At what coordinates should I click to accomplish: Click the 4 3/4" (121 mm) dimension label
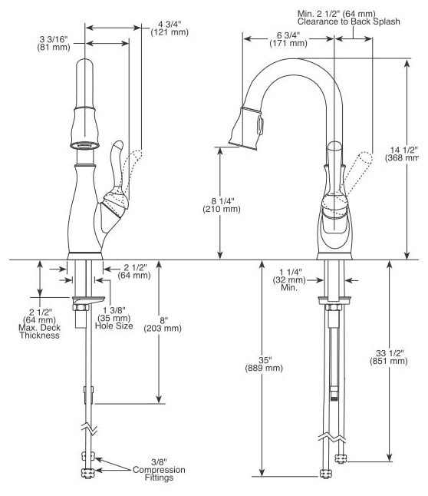[170, 28]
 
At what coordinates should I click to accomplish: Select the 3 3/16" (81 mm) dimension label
[54, 43]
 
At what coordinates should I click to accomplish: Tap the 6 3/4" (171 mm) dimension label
[288, 39]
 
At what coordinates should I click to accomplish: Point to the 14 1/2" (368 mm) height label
[402, 154]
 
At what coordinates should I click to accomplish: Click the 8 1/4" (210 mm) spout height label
[222, 205]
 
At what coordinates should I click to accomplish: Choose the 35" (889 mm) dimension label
[264, 364]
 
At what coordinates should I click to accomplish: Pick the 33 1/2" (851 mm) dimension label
[388, 357]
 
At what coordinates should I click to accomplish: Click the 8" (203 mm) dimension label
[163, 325]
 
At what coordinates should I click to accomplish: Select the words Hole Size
[114, 326]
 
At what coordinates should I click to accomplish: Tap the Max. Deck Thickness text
[40, 332]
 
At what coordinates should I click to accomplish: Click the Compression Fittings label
[159, 474]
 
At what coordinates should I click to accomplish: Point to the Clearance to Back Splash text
[349, 21]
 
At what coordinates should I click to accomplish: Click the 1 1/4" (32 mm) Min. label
[289, 279]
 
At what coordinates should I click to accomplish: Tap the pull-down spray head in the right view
[246, 127]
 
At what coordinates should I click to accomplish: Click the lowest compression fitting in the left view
[88, 473]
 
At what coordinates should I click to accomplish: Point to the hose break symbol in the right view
[331, 438]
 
